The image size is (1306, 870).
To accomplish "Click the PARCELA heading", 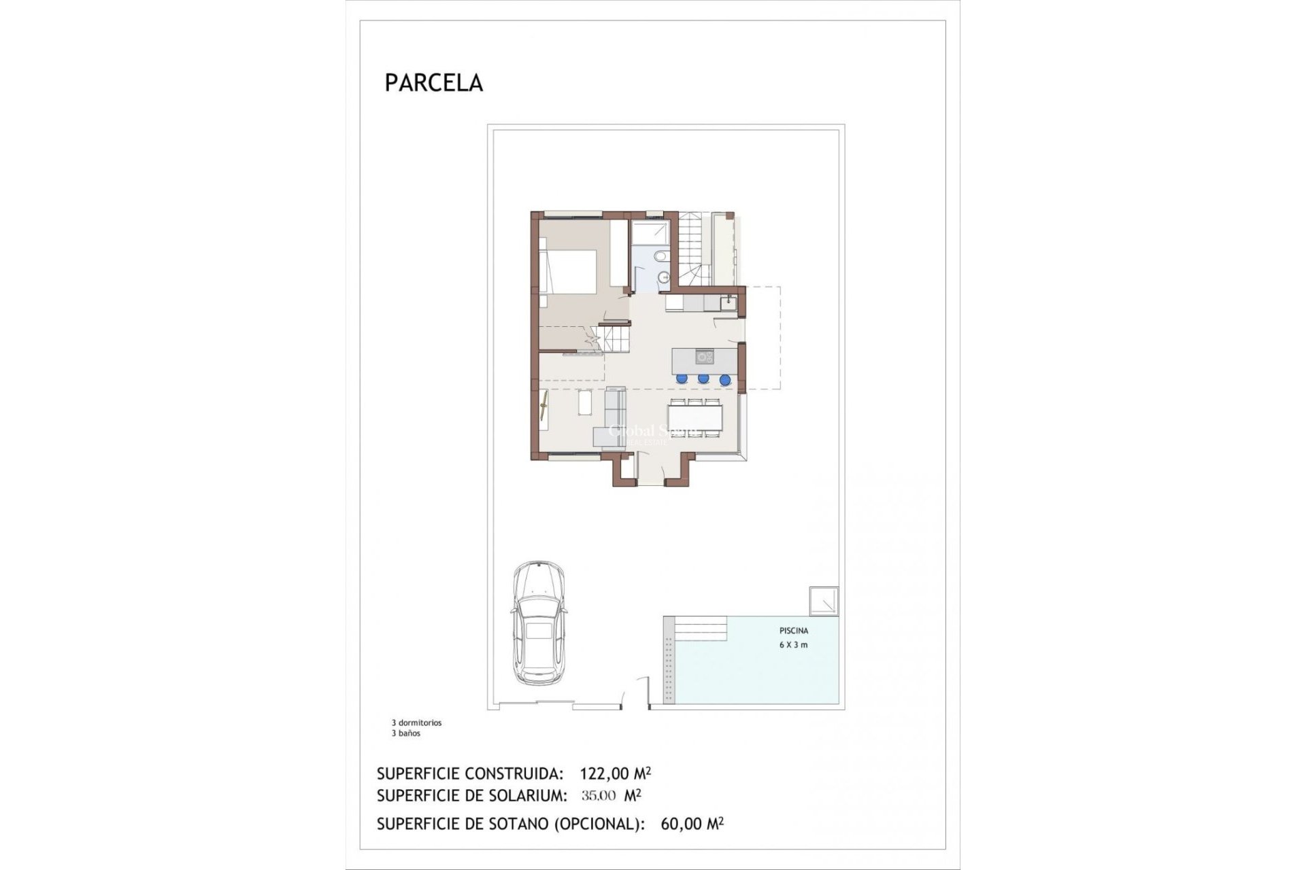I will (x=433, y=82).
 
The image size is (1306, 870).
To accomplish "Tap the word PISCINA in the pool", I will (x=794, y=631).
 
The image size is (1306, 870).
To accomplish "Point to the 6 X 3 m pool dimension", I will (x=793, y=645).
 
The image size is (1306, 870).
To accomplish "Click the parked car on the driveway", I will (x=539, y=623).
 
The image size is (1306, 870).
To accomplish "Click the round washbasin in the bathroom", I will (x=664, y=277).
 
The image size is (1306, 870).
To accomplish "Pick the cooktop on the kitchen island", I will (x=704, y=355).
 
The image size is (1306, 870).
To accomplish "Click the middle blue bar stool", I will (x=703, y=379).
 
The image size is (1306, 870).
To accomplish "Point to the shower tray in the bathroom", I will (x=650, y=231).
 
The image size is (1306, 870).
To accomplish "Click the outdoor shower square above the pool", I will (x=824, y=602).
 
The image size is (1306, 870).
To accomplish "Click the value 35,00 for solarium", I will (x=599, y=795).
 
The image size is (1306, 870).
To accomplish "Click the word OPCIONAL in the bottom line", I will (x=597, y=824).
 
